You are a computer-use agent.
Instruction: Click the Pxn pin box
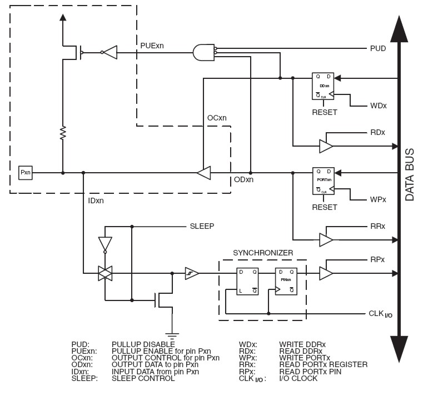pyautogui.click(x=26, y=173)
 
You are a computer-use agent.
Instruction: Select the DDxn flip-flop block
pyautogui.click(x=323, y=86)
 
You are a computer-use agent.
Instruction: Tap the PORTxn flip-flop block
pyautogui.click(x=323, y=180)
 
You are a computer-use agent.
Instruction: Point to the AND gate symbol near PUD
pyautogui.click(x=202, y=53)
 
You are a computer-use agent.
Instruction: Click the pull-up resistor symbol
pyautogui.click(x=63, y=133)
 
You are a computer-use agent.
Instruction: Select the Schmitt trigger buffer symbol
pyautogui.click(x=192, y=273)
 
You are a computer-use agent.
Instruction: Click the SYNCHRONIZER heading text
pyautogui.click(x=262, y=252)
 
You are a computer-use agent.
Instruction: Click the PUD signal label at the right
pyautogui.click(x=378, y=49)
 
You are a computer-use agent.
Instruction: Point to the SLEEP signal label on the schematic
pyautogui.click(x=202, y=227)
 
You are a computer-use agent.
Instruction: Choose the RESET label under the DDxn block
pyautogui.click(x=324, y=113)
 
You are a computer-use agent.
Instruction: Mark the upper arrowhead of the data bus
pyautogui.click(x=399, y=28)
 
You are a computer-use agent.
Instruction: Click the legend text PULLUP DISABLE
pyautogui.click(x=139, y=344)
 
